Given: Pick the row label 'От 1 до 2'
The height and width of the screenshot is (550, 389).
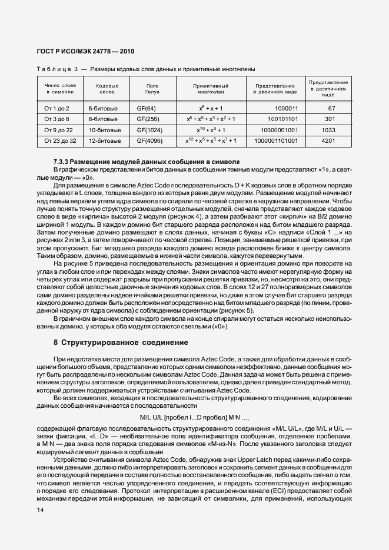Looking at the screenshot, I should pos(57,109).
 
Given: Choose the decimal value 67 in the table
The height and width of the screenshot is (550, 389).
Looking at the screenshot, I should pos(331,109).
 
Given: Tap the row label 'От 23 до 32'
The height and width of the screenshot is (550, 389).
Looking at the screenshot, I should pos(57,141).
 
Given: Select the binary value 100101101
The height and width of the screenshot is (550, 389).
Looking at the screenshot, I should pos(280,119).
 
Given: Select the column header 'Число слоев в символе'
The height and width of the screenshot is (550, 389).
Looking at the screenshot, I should pos(60,89).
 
